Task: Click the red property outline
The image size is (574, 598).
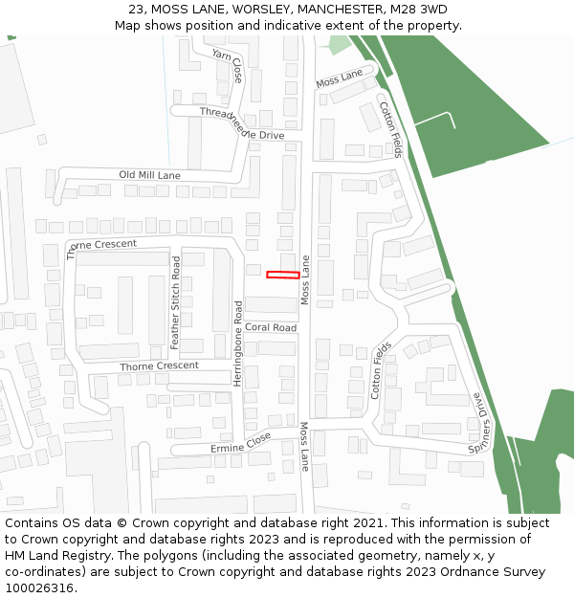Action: click(x=282, y=276)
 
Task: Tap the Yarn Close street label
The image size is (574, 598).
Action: click(x=228, y=66)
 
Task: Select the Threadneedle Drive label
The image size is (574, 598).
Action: click(x=242, y=124)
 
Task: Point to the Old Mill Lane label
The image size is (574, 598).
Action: click(x=149, y=176)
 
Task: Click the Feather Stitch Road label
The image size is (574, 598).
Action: click(x=175, y=302)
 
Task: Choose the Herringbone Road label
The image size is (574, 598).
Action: click(x=238, y=343)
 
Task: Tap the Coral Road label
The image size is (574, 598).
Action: click(x=271, y=327)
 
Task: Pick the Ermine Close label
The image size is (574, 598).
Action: click(x=240, y=443)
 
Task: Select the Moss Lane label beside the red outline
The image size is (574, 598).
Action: click(x=306, y=279)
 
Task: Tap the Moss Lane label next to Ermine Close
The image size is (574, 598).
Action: click(x=304, y=446)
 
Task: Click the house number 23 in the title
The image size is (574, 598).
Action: click(x=137, y=9)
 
